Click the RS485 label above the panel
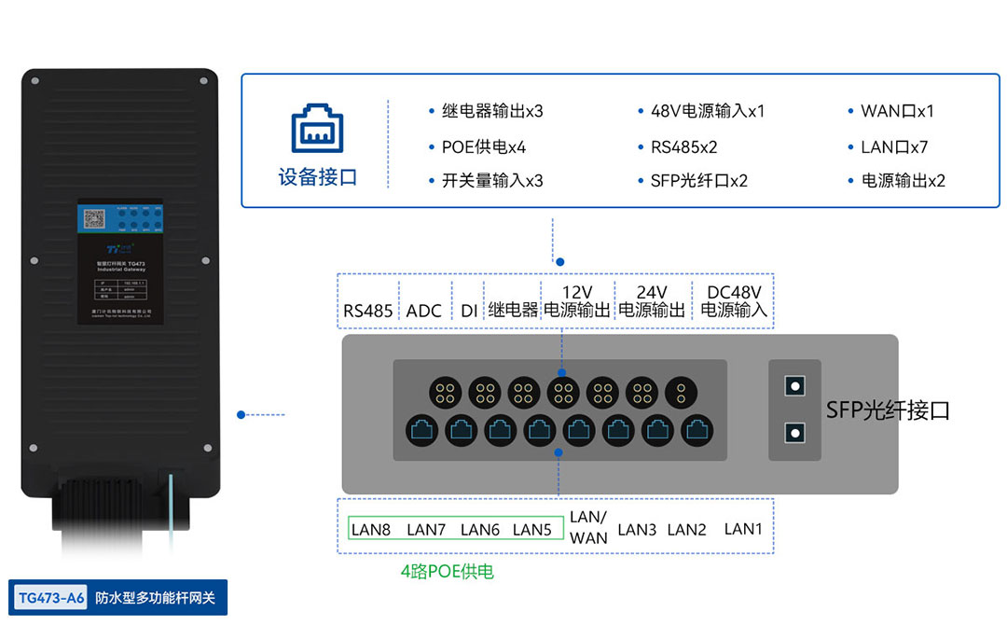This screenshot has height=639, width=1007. [x=367, y=311]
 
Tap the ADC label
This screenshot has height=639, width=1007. [x=424, y=311]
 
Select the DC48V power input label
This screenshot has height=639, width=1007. [x=734, y=301]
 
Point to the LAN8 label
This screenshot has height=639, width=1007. [x=371, y=530]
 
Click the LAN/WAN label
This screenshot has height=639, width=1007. [x=588, y=528]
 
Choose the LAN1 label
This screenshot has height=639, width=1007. [x=743, y=529]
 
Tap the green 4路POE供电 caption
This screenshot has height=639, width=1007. [x=448, y=571]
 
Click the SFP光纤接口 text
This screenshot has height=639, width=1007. [x=887, y=410]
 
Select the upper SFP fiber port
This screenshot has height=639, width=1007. [x=794, y=384]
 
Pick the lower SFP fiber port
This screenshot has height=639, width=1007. [x=794, y=432]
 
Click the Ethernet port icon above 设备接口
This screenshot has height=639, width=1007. [x=317, y=129]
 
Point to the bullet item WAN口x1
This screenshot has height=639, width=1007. [x=896, y=111]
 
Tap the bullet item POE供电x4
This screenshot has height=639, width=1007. [x=483, y=146]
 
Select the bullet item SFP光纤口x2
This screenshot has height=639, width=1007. [x=698, y=181]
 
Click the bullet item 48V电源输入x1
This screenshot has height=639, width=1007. [x=707, y=111]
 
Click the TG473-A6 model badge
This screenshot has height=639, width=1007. [x=51, y=598]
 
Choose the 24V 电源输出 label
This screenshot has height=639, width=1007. [x=652, y=301]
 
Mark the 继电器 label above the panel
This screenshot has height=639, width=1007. [x=513, y=311]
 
